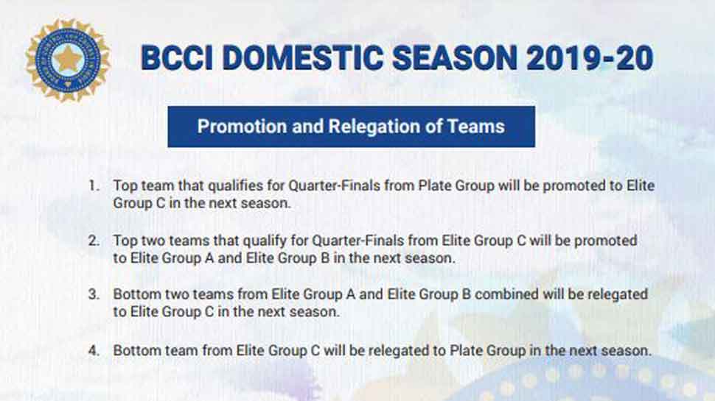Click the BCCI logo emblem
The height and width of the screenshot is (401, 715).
pos(68,60)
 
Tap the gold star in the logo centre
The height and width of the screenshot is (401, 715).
pos(68,59)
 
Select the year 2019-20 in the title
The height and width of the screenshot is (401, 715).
pos(590,58)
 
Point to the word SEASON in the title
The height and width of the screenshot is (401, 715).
pos(455,58)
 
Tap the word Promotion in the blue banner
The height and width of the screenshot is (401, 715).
pos(242,127)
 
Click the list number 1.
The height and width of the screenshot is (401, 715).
pos(94,185)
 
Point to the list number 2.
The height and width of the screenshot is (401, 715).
pos(94,241)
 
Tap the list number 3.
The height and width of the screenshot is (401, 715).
pos(94,294)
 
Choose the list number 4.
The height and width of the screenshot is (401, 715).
pos(94,350)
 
